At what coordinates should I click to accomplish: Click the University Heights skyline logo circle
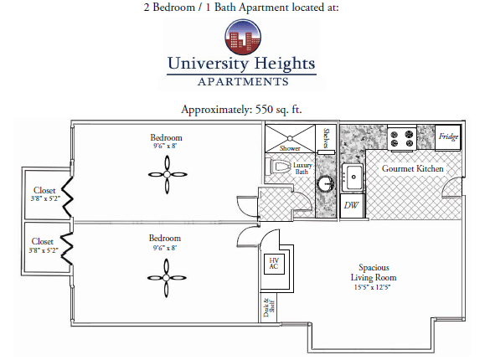243,38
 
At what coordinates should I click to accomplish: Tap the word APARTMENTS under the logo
243,82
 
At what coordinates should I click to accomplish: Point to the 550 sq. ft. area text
278,110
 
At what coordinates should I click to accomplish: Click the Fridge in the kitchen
448,137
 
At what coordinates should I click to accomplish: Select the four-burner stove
402,139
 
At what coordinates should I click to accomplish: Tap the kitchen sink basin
353,177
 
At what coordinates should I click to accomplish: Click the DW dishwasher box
352,206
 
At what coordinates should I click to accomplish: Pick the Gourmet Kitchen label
412,168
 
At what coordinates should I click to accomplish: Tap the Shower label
290,148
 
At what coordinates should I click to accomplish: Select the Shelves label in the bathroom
326,138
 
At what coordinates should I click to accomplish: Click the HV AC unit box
274,264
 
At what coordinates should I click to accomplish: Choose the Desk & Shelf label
269,308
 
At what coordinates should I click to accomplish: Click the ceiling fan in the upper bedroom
168,174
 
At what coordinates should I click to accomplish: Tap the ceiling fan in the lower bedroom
167,278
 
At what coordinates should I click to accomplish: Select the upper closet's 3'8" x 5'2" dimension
45,198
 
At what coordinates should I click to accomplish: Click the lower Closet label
43,241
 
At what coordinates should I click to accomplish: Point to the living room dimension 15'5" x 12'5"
373,287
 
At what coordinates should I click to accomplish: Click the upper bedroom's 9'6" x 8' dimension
165,146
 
